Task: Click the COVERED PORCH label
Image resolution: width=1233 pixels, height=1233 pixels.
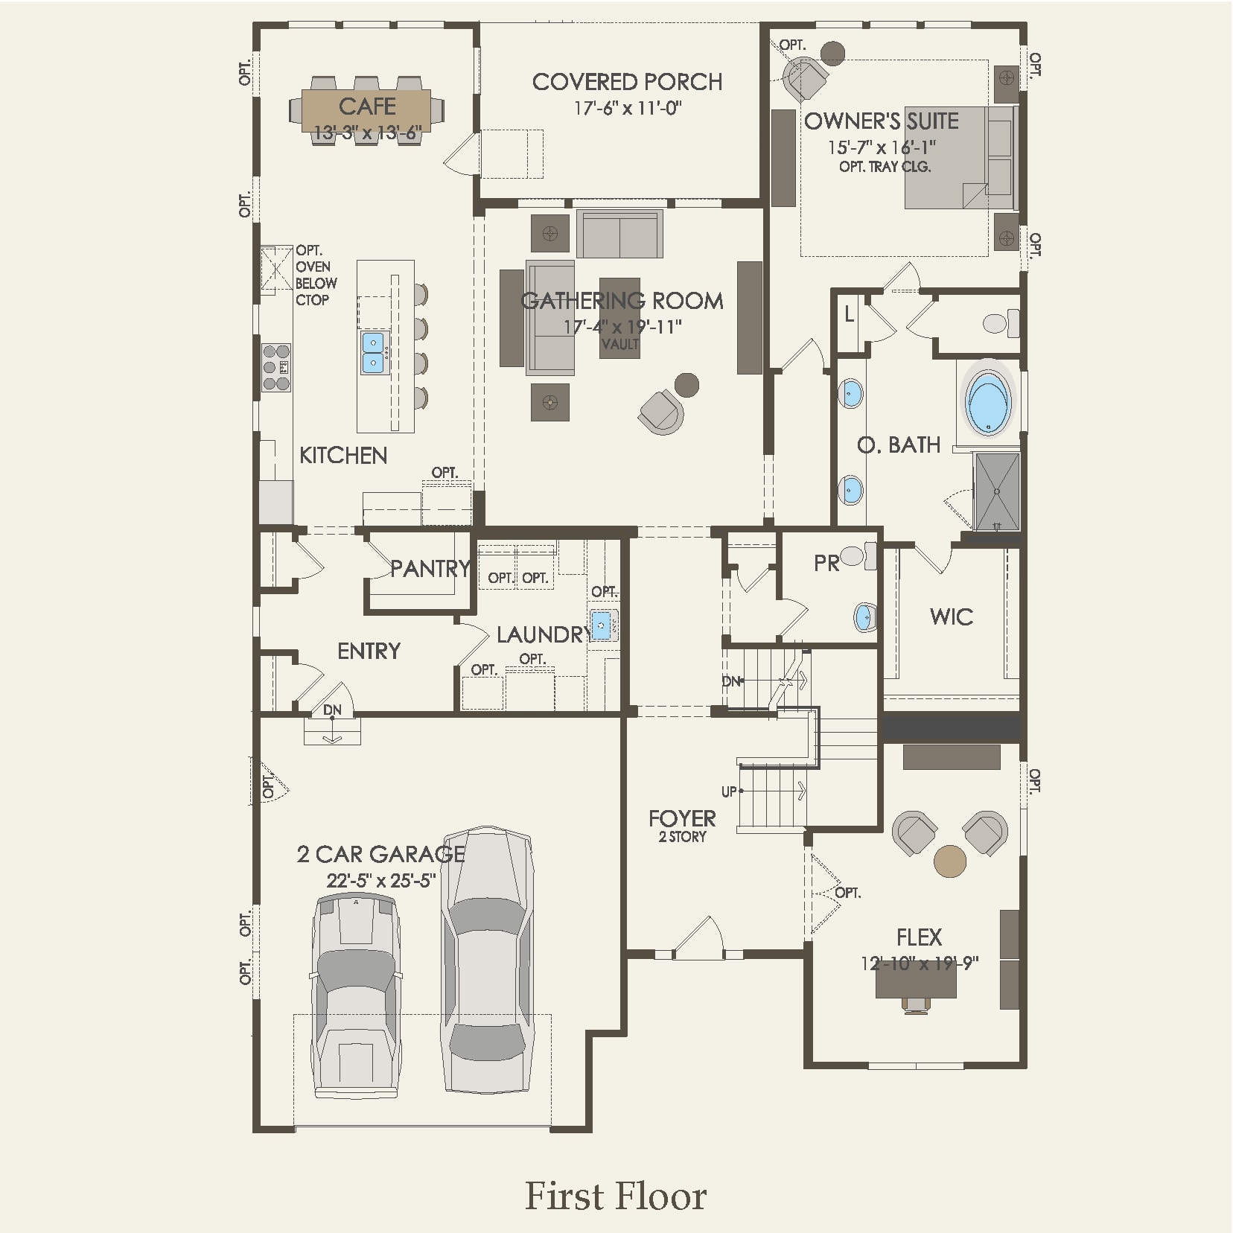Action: [x=627, y=82]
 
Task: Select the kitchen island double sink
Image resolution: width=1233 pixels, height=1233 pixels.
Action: [x=373, y=353]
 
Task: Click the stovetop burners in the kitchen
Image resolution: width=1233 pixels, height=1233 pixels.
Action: [x=276, y=367]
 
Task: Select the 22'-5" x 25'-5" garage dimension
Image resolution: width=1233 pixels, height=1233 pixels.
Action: [x=380, y=881]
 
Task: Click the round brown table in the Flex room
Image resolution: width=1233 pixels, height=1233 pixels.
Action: [x=949, y=861]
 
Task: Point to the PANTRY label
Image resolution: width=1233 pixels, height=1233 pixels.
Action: [x=430, y=569]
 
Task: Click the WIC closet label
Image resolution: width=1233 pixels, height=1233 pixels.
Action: [x=951, y=616]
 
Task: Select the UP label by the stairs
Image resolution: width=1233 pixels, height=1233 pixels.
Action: [x=728, y=791]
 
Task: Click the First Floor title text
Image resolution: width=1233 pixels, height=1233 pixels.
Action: [x=616, y=1196]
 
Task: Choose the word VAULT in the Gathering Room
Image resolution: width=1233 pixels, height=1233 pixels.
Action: [x=620, y=344]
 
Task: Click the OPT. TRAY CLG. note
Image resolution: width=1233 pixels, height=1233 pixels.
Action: [x=885, y=167]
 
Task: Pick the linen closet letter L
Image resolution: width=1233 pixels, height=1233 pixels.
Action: [x=849, y=315]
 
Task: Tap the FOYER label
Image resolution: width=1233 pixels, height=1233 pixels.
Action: [x=682, y=818]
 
